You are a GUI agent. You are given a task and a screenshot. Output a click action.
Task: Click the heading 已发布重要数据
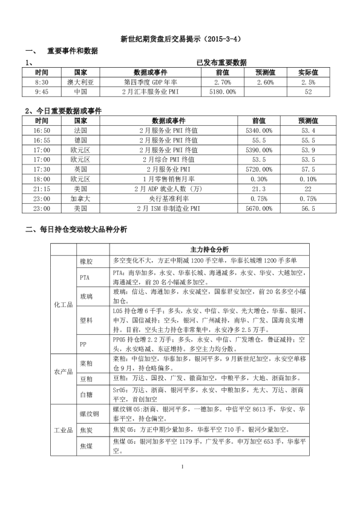click(221, 62)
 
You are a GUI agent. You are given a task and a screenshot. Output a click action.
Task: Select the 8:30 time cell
click(42, 82)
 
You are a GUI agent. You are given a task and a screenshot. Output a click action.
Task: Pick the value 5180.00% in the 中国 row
click(223, 91)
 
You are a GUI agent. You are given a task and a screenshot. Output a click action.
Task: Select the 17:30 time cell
click(42, 169)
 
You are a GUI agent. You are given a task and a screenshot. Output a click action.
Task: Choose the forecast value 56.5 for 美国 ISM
click(308, 208)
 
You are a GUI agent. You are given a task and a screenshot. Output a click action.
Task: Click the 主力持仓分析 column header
click(209, 249)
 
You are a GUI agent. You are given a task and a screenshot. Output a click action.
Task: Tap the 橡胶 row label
click(87, 261)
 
